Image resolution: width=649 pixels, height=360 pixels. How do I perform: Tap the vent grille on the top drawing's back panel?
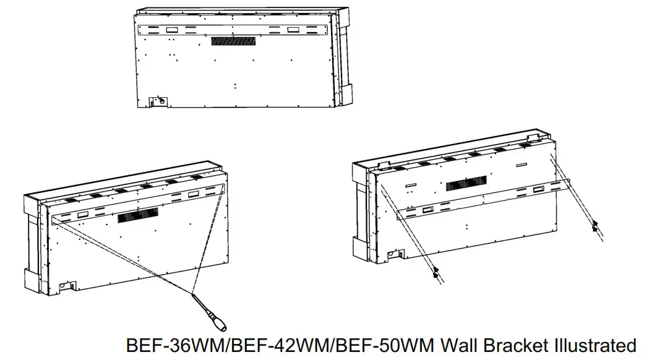point(233,40)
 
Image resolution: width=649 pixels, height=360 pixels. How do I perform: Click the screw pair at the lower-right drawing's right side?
point(596,226)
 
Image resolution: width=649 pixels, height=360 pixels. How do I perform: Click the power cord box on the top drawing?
point(158,100)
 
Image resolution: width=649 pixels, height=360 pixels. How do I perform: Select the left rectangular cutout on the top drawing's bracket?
point(172,29)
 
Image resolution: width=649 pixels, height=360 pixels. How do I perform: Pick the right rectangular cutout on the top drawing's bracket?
point(293,30)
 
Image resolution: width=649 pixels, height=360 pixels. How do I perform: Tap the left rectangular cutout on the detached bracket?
point(428,210)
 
